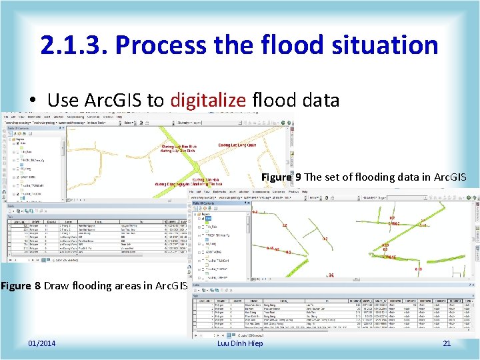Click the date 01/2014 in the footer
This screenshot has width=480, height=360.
pos(42,343)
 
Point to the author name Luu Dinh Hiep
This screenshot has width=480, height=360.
pos(240,343)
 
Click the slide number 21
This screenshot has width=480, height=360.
pos(447,343)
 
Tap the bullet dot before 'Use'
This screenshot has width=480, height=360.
pos(31,101)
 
